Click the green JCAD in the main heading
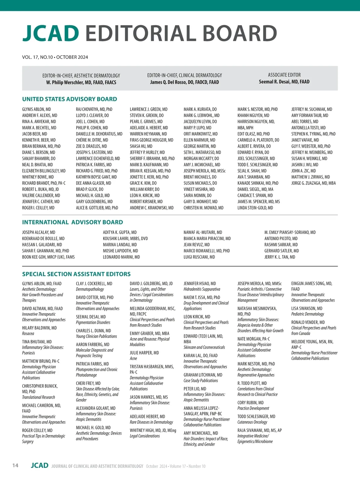pyautogui.click(x=51, y=33)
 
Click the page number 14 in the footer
pyautogui.click(x=15, y=465)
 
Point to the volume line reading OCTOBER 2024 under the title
pyautogui.click(x=55, y=57)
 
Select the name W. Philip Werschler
pyautogui.click(x=81, y=82)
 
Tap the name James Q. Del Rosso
pyautogui.click(x=184, y=82)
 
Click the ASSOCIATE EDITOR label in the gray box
pyautogui.click(x=284, y=75)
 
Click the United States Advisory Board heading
pyautogui.click(x=70, y=99)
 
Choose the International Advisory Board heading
pyautogui.click(x=73, y=222)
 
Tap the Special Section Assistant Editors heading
pyautogui.click(x=76, y=274)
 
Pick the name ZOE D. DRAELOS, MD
pyautogui.click(x=91, y=146)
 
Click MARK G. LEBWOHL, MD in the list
pyautogui.click(x=202, y=115)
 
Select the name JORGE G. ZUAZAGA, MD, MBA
pyautogui.click(x=313, y=183)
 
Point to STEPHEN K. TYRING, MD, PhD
pyautogui.click(x=313, y=134)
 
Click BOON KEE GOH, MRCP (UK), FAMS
pyautogui.click(x=48, y=257)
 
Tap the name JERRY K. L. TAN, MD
pyautogui.click(x=280, y=257)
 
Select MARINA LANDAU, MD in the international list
pyautogui.click(x=120, y=245)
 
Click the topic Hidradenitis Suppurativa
pyautogui.click(x=202, y=289)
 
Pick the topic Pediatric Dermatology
pyautogui.click(x=308, y=314)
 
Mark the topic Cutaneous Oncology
pyautogui.click(x=252, y=422)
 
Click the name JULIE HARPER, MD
pyautogui.click(x=144, y=353)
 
